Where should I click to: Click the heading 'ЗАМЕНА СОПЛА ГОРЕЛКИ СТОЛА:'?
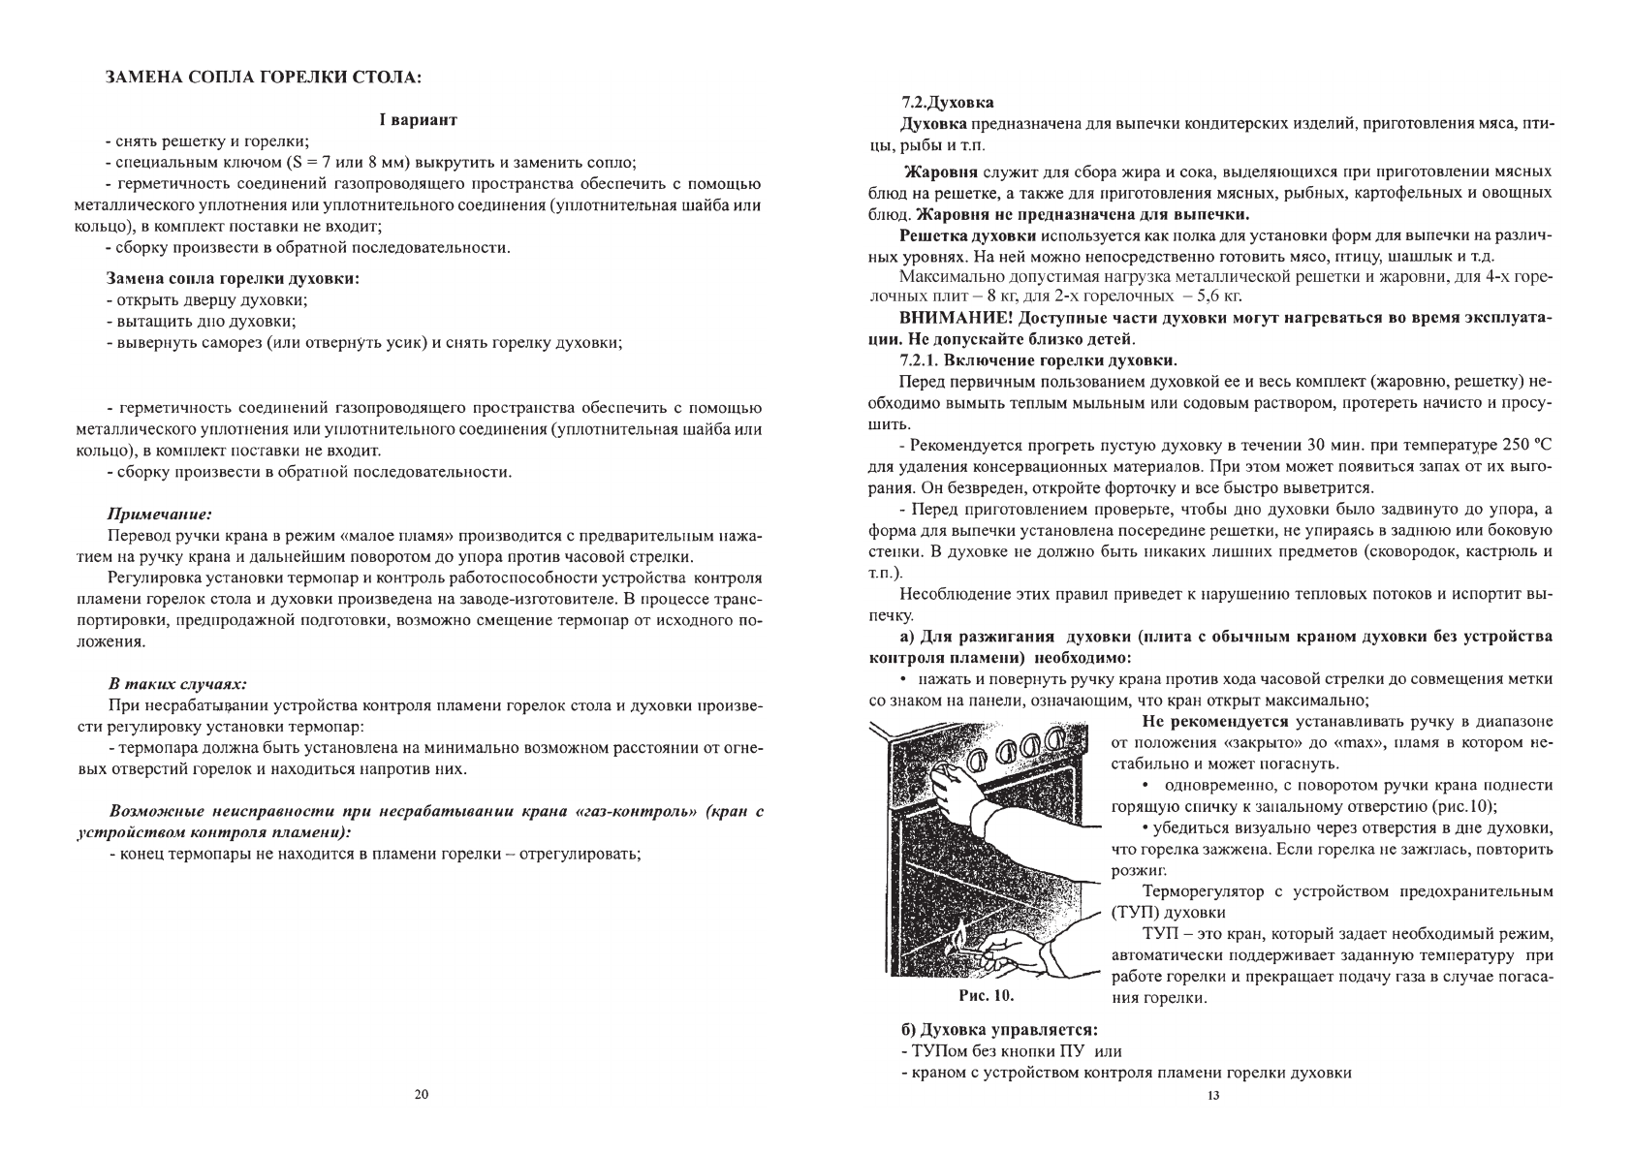[x=264, y=77]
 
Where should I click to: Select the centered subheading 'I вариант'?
[x=418, y=120]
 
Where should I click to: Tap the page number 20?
[x=420, y=1095]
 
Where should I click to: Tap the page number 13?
[x=1212, y=1096]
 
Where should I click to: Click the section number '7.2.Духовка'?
[x=947, y=102]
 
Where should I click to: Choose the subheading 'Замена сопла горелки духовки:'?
[x=232, y=278]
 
